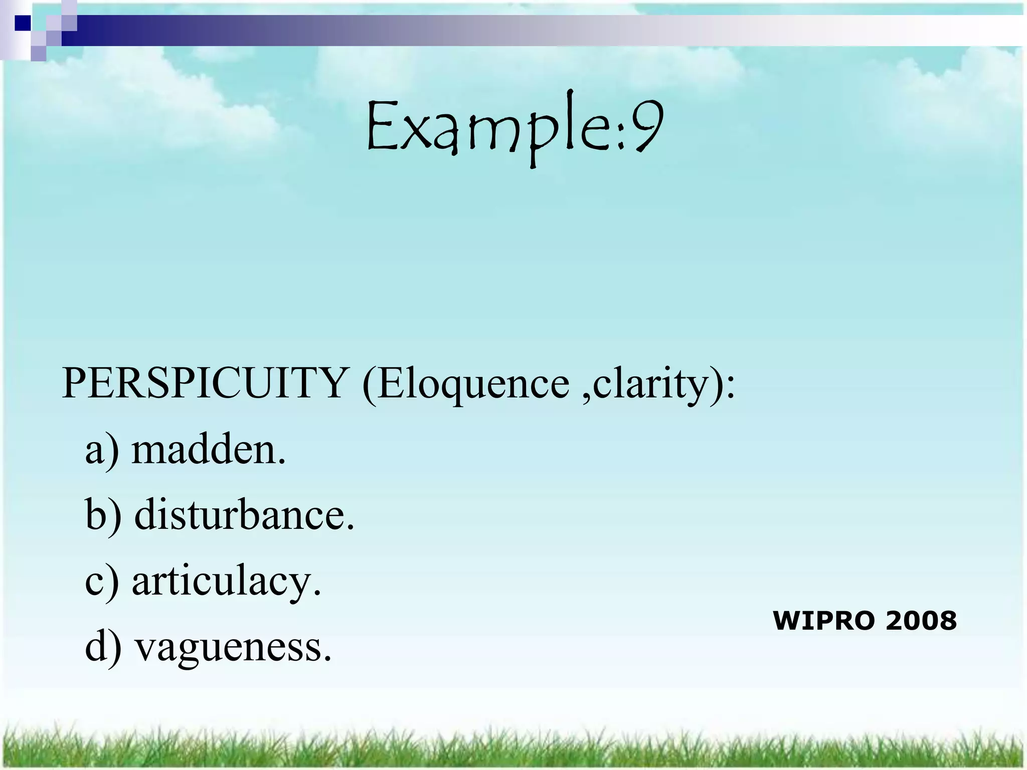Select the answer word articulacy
pyautogui.click(x=226, y=582)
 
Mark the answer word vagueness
pyautogui.click(x=234, y=647)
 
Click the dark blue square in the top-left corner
pyautogui.click(x=23, y=23)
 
